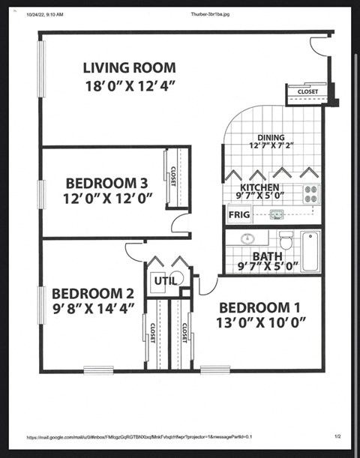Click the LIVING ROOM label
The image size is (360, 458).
(x=129, y=68)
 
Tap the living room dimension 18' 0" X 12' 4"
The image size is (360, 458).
(x=129, y=85)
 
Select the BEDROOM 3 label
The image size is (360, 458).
(x=106, y=182)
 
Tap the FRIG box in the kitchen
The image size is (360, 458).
(x=238, y=215)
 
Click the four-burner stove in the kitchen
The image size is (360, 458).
(x=311, y=194)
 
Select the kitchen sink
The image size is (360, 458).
(x=277, y=216)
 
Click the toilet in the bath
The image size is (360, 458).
(x=286, y=241)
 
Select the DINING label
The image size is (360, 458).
(x=271, y=137)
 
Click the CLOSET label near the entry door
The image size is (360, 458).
(x=307, y=91)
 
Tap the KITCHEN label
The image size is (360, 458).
(x=259, y=187)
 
